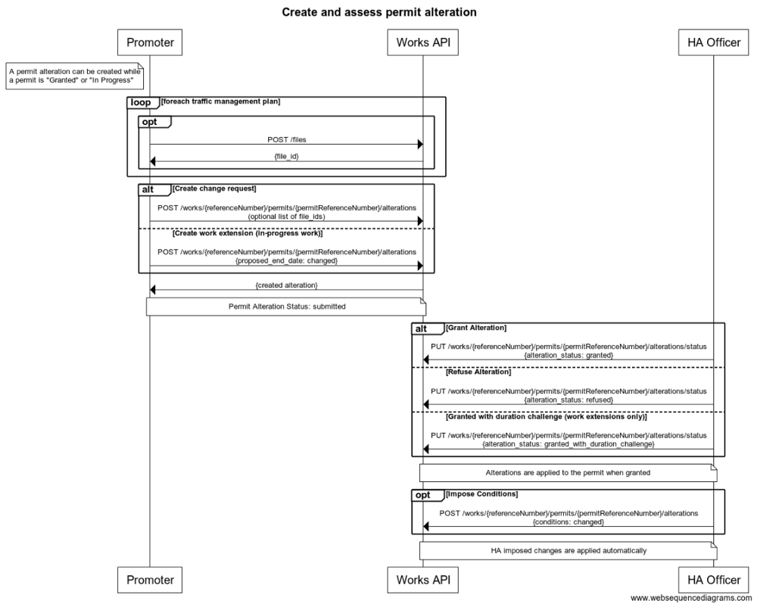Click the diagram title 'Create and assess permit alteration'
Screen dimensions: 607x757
(x=379, y=12)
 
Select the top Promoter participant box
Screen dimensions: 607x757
(x=150, y=43)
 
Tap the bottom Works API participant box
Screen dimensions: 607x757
(x=422, y=580)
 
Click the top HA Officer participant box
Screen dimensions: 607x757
(x=713, y=43)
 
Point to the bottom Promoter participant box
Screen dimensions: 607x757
(x=150, y=580)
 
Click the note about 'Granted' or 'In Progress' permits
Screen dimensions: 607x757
(x=74, y=76)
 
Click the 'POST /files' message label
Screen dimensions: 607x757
(x=286, y=139)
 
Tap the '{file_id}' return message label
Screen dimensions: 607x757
(x=286, y=155)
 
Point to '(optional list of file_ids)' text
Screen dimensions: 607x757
(x=286, y=216)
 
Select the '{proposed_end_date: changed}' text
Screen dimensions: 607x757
(x=286, y=260)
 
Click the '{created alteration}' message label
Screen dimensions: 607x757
(x=286, y=285)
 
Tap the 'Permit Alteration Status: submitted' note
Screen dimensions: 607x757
(x=286, y=307)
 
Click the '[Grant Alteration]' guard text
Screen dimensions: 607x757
(x=476, y=328)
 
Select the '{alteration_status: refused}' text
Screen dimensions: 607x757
(x=568, y=399)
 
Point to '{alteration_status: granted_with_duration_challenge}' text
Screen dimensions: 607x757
(x=568, y=444)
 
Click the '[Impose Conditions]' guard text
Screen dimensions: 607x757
(x=482, y=493)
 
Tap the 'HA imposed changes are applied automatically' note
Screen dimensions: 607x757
(x=568, y=550)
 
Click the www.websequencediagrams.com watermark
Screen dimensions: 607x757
(x=691, y=598)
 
